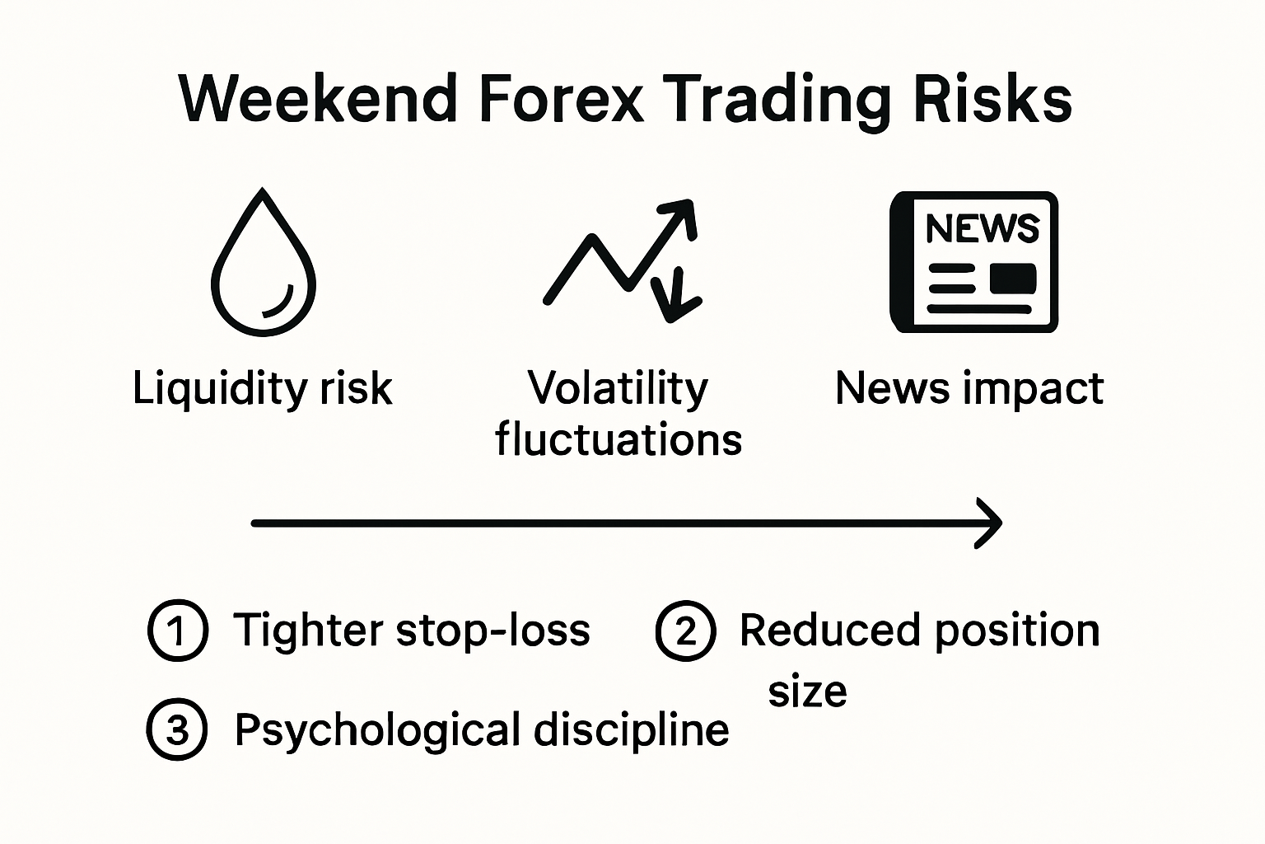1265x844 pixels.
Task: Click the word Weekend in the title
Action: (x=317, y=100)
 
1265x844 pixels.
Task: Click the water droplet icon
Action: (x=264, y=264)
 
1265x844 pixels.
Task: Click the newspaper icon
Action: (x=973, y=262)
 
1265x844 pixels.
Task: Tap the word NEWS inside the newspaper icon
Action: (x=982, y=228)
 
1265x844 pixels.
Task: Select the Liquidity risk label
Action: (x=262, y=387)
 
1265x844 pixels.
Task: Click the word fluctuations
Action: (x=618, y=439)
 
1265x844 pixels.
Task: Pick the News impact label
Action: (x=969, y=387)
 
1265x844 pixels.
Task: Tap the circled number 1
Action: (x=177, y=631)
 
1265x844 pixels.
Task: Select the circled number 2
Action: (x=685, y=631)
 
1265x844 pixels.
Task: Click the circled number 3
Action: (x=177, y=730)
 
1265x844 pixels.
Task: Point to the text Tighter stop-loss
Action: (x=412, y=631)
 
